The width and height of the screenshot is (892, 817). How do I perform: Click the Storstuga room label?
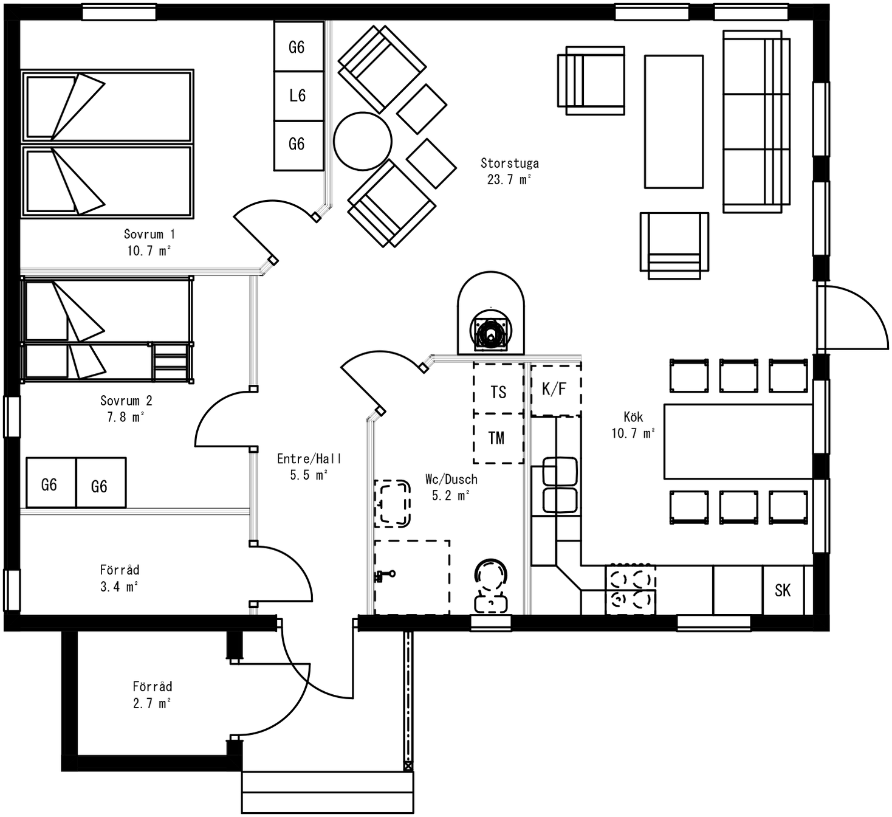tap(510, 164)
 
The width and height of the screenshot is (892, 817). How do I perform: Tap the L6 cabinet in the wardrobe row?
tap(298, 95)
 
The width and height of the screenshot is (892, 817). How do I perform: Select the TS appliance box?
tap(498, 388)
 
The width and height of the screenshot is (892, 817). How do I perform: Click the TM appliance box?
tap(498, 439)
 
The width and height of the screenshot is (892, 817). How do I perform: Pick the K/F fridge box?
tap(556, 390)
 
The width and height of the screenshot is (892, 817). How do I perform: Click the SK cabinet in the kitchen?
tap(783, 590)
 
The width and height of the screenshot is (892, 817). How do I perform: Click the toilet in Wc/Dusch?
tap(491, 585)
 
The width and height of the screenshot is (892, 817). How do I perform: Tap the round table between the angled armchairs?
tap(363, 141)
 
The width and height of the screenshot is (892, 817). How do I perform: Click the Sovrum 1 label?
tap(149, 234)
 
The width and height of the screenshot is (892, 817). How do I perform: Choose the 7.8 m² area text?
tap(125, 417)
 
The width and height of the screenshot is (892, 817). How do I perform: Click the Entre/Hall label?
tap(309, 458)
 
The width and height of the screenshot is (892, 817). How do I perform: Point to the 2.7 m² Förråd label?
tap(152, 703)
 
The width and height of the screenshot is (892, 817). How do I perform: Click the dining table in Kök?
tap(738, 441)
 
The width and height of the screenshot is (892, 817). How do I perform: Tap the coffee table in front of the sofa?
tap(674, 122)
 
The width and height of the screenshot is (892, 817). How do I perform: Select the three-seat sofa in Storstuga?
tap(756, 122)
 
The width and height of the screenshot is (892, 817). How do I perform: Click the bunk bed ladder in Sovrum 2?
tap(170, 361)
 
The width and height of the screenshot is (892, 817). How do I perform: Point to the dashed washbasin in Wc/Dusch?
tap(392, 504)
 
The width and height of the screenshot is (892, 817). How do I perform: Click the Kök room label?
tap(633, 417)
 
